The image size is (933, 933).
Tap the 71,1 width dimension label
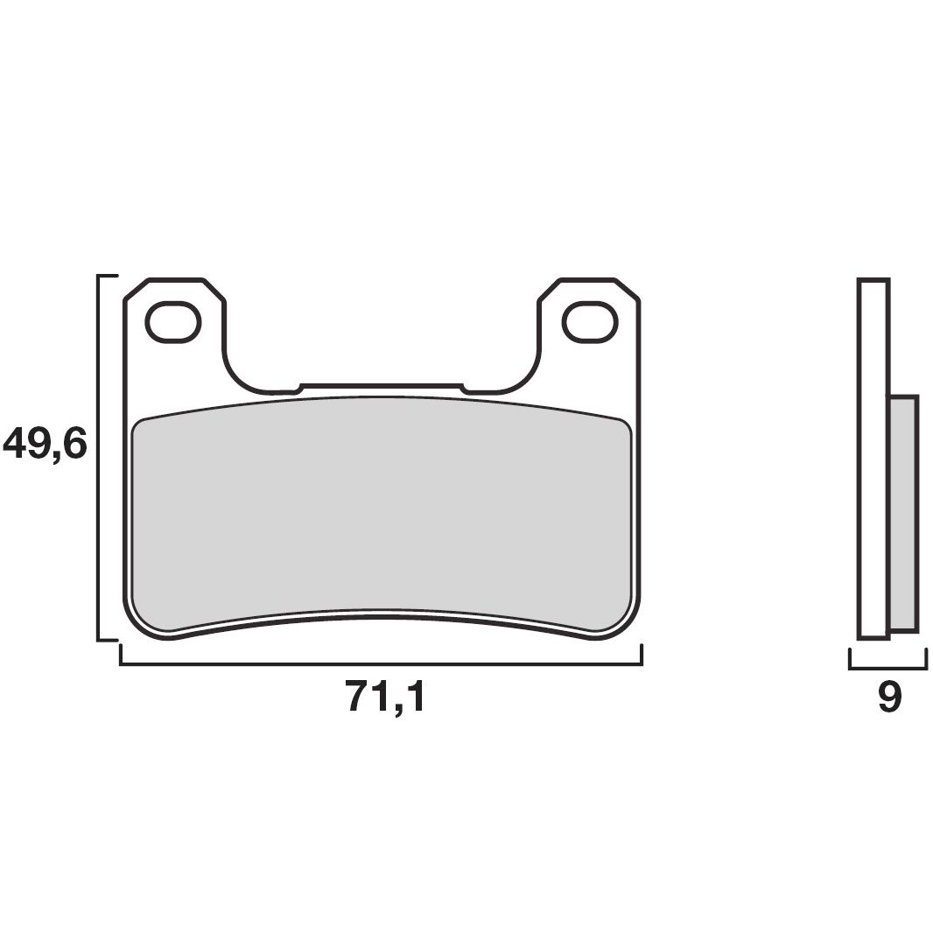pyautogui.click(x=385, y=697)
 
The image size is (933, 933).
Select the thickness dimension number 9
pyautogui.click(x=888, y=697)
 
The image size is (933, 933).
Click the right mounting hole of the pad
pyautogui.click(x=591, y=321)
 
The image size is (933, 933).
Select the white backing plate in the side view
pyautogui.click(x=874, y=455)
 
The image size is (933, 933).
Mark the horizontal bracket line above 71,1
pyautogui.click(x=381, y=665)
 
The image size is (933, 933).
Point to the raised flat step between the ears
pyautogui.click(x=381, y=384)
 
